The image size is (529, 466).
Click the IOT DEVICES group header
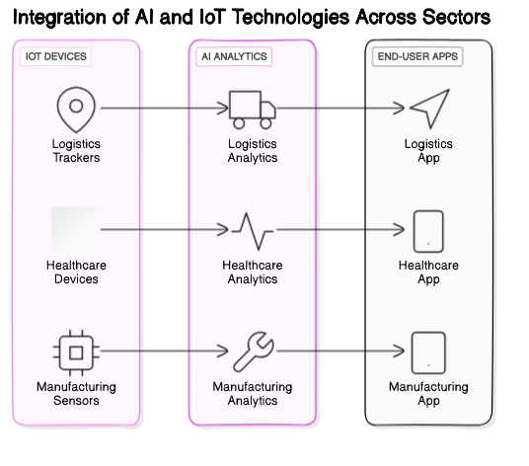tap(55, 57)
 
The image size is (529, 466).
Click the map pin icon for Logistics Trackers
tap(75, 109)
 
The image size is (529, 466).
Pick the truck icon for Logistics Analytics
tap(252, 109)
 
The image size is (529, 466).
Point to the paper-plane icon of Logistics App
tap(428, 109)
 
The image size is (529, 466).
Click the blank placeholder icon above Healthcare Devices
tap(75, 230)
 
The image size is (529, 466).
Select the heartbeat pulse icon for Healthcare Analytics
tap(252, 230)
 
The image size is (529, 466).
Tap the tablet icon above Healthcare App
tap(428, 230)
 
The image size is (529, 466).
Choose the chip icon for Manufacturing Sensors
tap(75, 351)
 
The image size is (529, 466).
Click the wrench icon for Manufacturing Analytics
tap(252, 351)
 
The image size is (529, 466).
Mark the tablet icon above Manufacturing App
tap(428, 351)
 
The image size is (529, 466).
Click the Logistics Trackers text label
tap(75, 151)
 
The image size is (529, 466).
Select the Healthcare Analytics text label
tap(252, 272)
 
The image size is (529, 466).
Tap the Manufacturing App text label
tap(428, 394)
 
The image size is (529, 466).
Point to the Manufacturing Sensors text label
tap(75, 394)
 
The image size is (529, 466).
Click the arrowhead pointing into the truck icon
tap(223, 109)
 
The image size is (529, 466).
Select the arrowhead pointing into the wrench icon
tap(223, 351)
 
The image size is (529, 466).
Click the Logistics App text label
tap(428, 151)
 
